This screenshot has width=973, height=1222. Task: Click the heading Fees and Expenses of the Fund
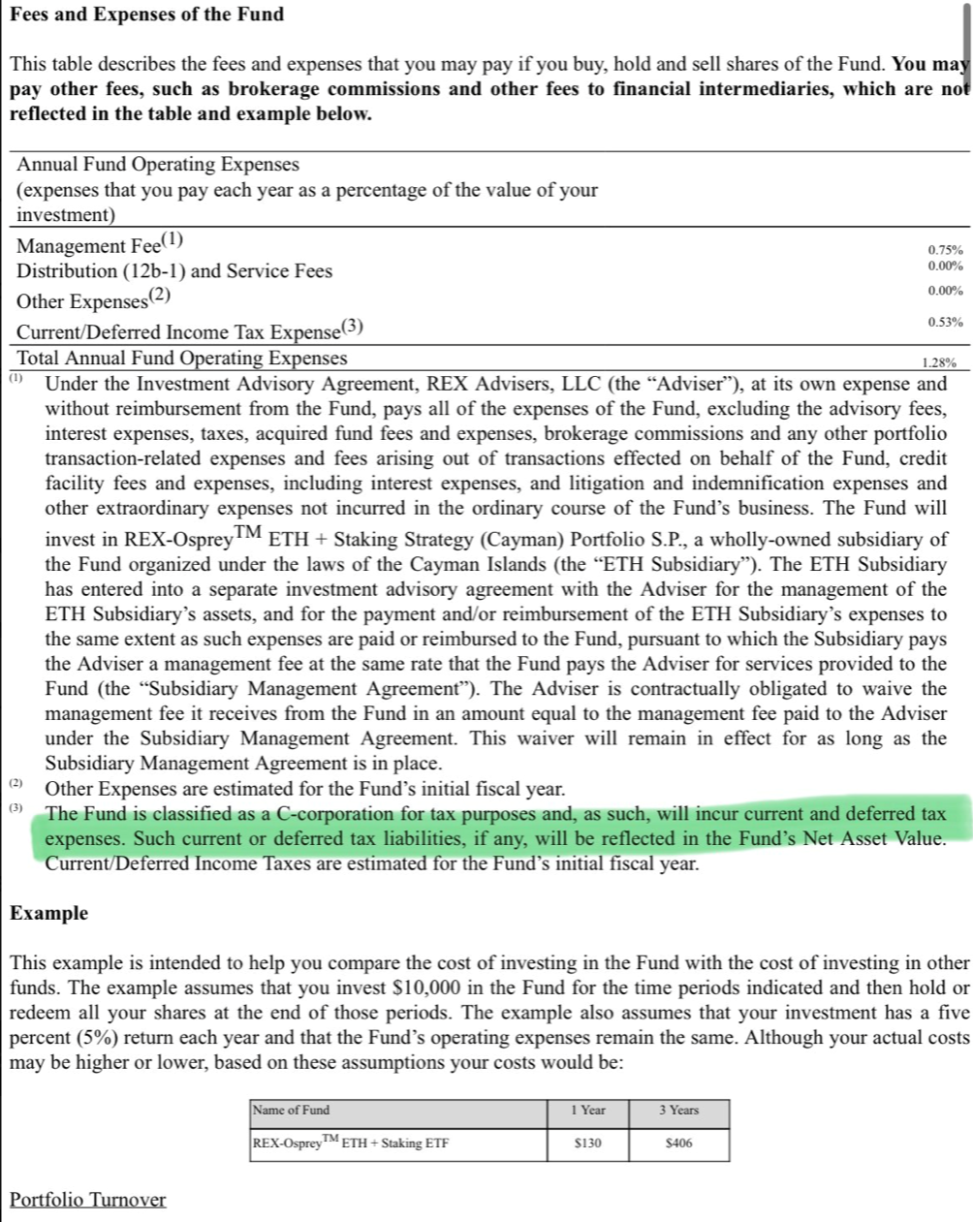(x=146, y=15)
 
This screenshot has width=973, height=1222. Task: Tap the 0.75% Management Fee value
(x=945, y=250)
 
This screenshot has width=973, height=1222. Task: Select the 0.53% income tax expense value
(x=945, y=322)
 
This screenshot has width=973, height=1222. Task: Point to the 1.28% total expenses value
(x=939, y=363)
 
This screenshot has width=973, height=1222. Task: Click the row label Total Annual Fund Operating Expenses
(x=182, y=358)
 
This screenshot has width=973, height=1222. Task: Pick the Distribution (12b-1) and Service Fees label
(x=174, y=271)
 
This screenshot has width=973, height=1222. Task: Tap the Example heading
(x=48, y=913)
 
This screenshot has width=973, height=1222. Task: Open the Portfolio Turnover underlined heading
(x=87, y=1200)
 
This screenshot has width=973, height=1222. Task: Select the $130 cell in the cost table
(x=587, y=1144)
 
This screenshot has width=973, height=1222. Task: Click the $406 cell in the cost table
(x=679, y=1144)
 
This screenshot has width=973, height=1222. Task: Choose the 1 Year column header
(x=587, y=1111)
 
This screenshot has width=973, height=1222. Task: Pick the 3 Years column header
(x=679, y=1111)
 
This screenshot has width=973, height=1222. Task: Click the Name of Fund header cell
(x=291, y=1111)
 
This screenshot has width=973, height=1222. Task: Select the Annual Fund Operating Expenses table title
(x=158, y=165)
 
